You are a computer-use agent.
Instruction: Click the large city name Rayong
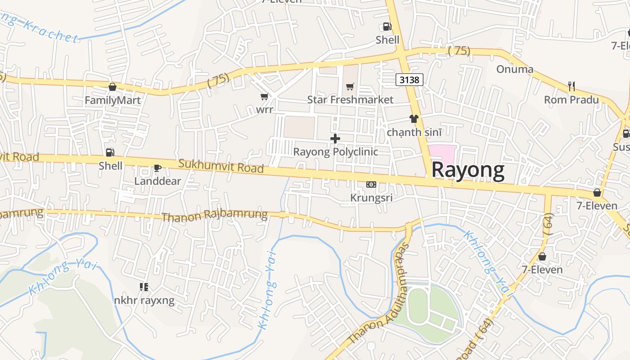(x=468, y=171)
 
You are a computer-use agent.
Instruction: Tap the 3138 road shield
(x=409, y=80)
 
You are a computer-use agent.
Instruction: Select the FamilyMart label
(x=112, y=100)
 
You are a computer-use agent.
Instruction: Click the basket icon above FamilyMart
(x=112, y=87)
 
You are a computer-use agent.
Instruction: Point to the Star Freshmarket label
(x=350, y=99)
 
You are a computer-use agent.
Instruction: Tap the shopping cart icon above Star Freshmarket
(x=350, y=86)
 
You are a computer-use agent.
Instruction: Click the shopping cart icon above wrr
(x=265, y=96)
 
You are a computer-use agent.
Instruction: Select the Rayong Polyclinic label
(x=336, y=152)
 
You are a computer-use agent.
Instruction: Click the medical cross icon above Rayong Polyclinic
(x=335, y=139)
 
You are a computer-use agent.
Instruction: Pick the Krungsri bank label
(x=371, y=198)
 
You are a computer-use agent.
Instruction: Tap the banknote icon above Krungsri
(x=371, y=184)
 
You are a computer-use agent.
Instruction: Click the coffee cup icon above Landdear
(x=157, y=168)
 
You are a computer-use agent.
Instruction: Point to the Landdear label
(x=157, y=181)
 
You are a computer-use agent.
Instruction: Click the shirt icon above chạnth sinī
(x=414, y=119)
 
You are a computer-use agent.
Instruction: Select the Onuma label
(x=515, y=69)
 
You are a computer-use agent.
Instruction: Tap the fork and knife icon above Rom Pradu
(x=571, y=86)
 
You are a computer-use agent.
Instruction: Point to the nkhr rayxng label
(x=144, y=300)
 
